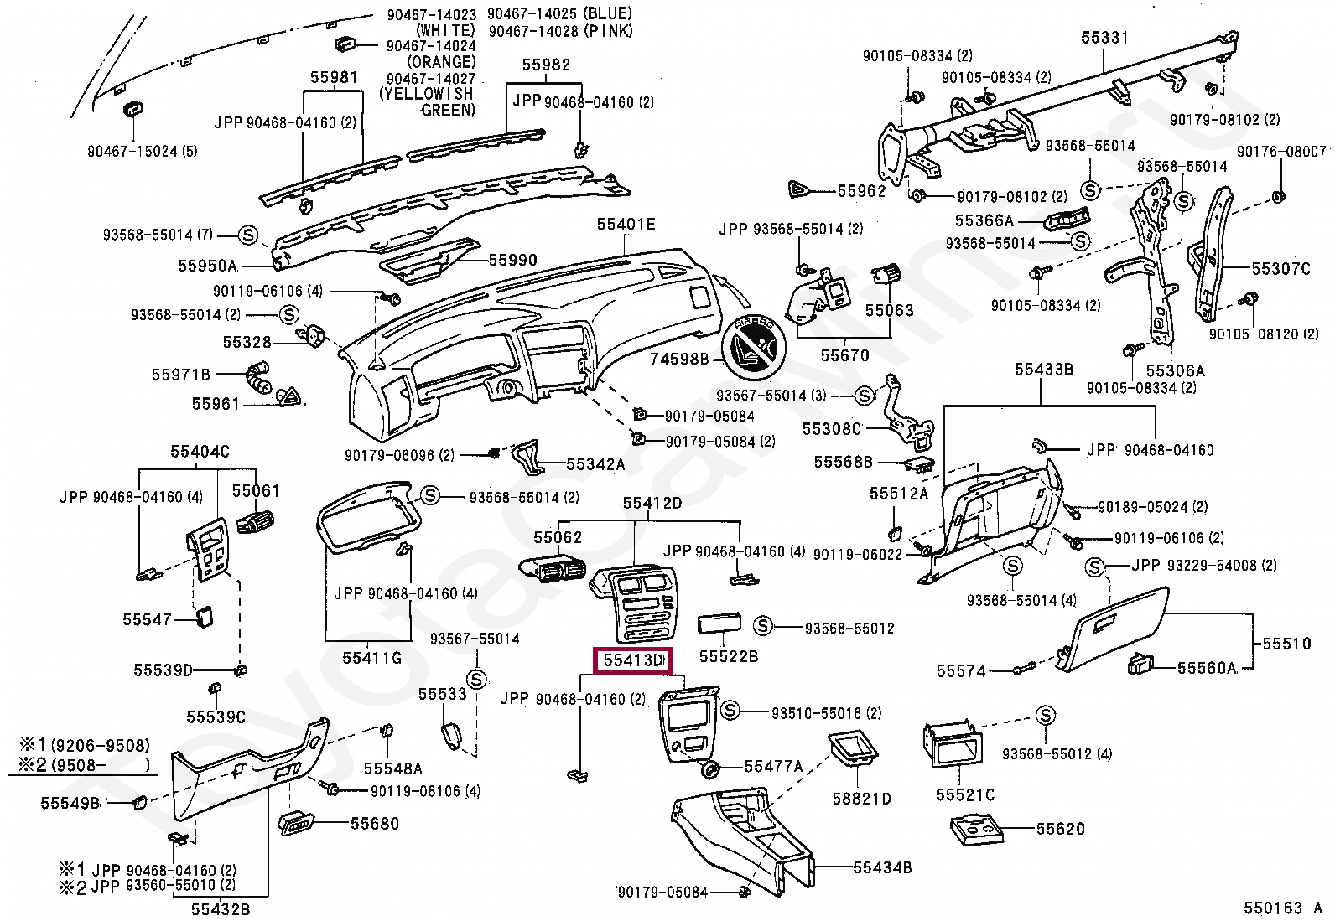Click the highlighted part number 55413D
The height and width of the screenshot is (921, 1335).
(633, 660)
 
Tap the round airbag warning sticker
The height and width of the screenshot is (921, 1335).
(753, 347)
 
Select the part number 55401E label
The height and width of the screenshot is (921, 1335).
(626, 224)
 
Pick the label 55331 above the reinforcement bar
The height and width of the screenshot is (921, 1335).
(1104, 38)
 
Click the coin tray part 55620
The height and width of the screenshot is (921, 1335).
(975, 830)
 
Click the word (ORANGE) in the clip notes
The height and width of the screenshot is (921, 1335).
(442, 62)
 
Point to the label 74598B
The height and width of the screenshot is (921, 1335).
(679, 359)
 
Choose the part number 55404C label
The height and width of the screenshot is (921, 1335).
(200, 452)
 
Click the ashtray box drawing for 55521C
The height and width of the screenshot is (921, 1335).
(953, 745)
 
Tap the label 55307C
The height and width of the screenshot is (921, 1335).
(1280, 269)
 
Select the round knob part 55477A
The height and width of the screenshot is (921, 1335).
(709, 769)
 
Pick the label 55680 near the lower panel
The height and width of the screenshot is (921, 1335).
(374, 823)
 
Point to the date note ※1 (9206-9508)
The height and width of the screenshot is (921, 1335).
(85, 745)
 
